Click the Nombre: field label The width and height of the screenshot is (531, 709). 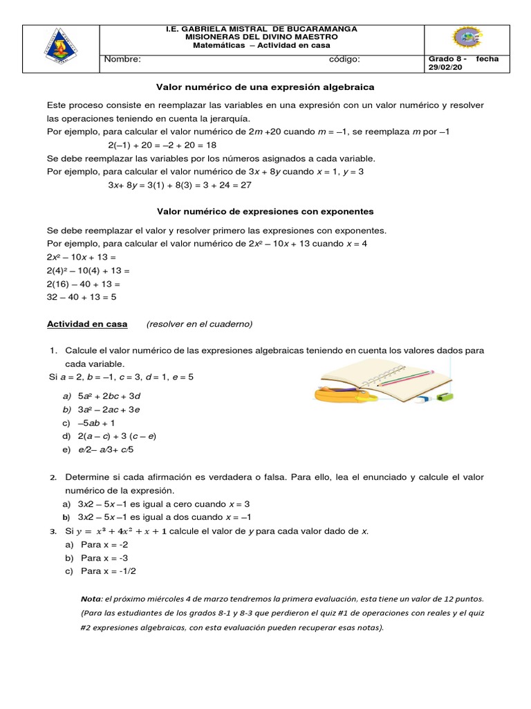tap(122, 60)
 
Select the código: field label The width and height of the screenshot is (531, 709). tap(344, 60)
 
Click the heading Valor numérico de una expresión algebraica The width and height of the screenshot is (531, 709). tap(265, 87)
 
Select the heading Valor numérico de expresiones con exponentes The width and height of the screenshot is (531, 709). tap(265, 210)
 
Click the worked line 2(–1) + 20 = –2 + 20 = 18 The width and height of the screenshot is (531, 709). tap(162, 145)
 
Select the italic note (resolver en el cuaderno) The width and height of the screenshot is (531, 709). tap(200, 323)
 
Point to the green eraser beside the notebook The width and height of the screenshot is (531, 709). tap(447, 397)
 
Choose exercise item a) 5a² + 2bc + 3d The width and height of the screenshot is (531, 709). tap(101, 396)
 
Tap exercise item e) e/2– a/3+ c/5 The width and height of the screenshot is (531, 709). tap(97, 449)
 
